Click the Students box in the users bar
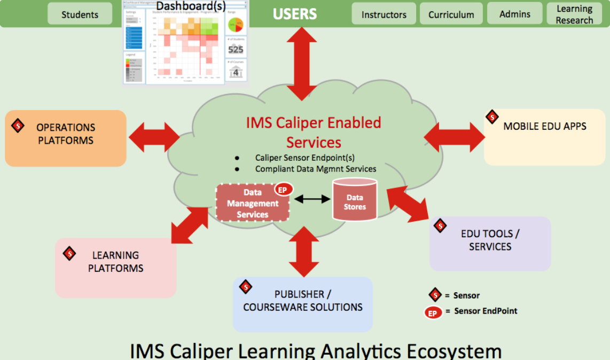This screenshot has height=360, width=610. tap(80, 14)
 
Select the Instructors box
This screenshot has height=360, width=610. tap(384, 14)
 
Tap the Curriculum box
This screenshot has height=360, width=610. tap(451, 14)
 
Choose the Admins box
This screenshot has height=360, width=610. tap(514, 14)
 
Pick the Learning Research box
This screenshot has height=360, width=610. tap(574, 14)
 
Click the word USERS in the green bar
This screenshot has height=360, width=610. tap(295, 14)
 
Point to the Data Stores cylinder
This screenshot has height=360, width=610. tap(355, 200)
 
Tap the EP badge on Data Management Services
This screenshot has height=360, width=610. tap(283, 190)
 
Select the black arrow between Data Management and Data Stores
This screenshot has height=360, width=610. tap(312, 199)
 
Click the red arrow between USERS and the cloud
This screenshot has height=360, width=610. tap(302, 62)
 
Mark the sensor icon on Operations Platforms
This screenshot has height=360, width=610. tap(18, 126)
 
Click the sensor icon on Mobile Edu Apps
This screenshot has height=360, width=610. tap(492, 117)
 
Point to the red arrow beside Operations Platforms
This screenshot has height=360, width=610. tap(153, 137)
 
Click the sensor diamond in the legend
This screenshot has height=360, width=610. tap(435, 295)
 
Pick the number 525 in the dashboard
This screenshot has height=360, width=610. tap(236, 50)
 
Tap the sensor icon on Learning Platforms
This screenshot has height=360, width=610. tap(69, 253)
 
